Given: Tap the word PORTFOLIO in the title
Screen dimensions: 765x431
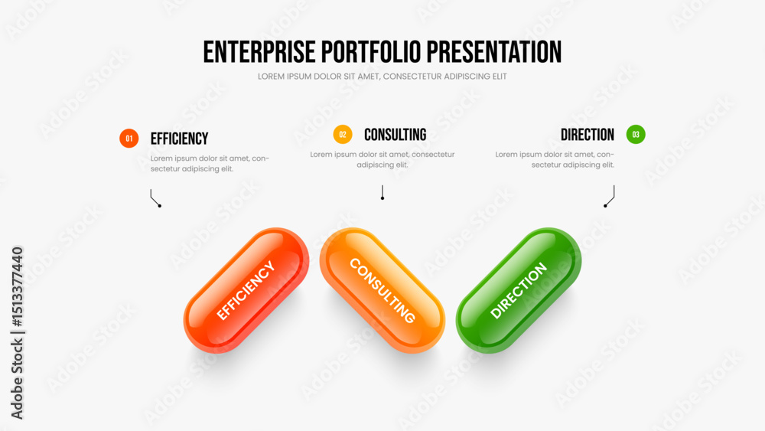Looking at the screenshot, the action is click(371, 52).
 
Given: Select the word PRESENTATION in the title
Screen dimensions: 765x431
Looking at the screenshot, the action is click(494, 52).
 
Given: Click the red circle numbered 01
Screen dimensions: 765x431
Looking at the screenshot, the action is click(129, 139).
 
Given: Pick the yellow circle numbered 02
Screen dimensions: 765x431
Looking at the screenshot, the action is click(343, 134).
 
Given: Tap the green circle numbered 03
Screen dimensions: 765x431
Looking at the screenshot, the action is click(636, 134).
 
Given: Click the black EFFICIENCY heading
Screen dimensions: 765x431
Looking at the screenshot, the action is click(179, 139).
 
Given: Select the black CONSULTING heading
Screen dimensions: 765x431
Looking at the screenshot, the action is click(396, 135).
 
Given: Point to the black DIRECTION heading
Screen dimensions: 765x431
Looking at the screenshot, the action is click(587, 135).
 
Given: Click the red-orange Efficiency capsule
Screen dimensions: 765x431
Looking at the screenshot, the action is click(246, 290).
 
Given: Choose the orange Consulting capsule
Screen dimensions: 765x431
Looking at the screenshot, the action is click(382, 290).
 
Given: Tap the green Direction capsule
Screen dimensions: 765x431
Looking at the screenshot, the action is click(519, 290).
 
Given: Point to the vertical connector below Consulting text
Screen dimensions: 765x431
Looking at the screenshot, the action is click(382, 192).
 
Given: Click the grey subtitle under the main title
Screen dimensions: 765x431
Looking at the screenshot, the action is click(382, 77).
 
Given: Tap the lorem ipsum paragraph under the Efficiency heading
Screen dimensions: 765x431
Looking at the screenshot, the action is click(210, 164).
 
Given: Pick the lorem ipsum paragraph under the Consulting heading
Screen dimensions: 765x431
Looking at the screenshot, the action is click(382, 159).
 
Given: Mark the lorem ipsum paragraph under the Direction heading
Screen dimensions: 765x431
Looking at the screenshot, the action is click(555, 159).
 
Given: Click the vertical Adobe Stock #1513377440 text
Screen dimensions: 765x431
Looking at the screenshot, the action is click(17, 333).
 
